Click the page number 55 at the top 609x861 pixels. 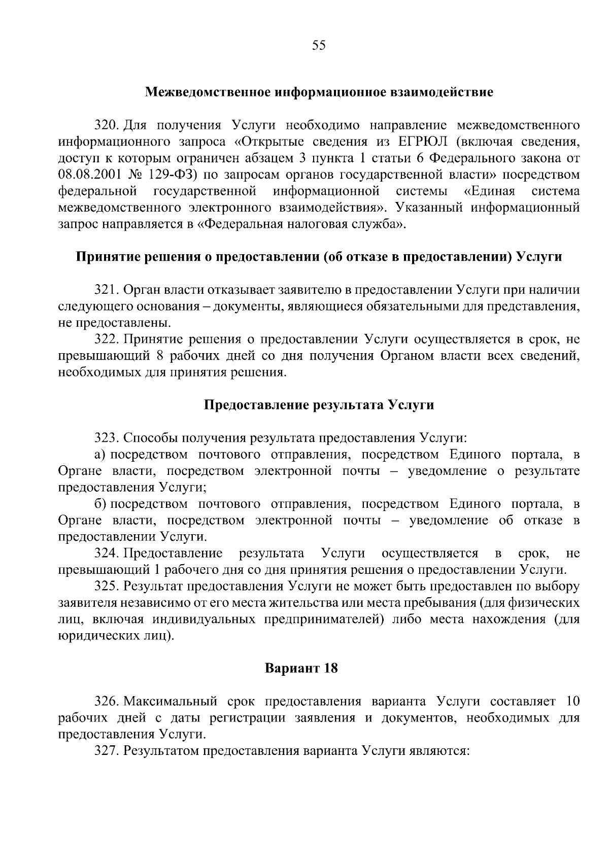pyautogui.click(x=319, y=46)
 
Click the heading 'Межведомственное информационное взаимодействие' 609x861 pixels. pyautogui.click(x=319, y=93)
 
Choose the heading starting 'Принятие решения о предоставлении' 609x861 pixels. pyautogui.click(x=319, y=257)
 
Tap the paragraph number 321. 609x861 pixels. pyautogui.click(x=107, y=290)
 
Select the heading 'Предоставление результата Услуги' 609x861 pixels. pyautogui.click(x=319, y=405)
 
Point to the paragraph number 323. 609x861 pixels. pyautogui.click(x=107, y=438)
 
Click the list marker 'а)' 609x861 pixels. pyautogui.click(x=99, y=454)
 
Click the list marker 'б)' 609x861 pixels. pyautogui.click(x=99, y=504)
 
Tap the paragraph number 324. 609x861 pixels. pyautogui.click(x=107, y=553)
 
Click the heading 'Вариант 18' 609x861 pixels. pyautogui.click(x=301, y=668)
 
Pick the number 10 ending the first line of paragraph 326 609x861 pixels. pyautogui.click(x=572, y=702)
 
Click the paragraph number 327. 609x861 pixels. pyautogui.click(x=107, y=751)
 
